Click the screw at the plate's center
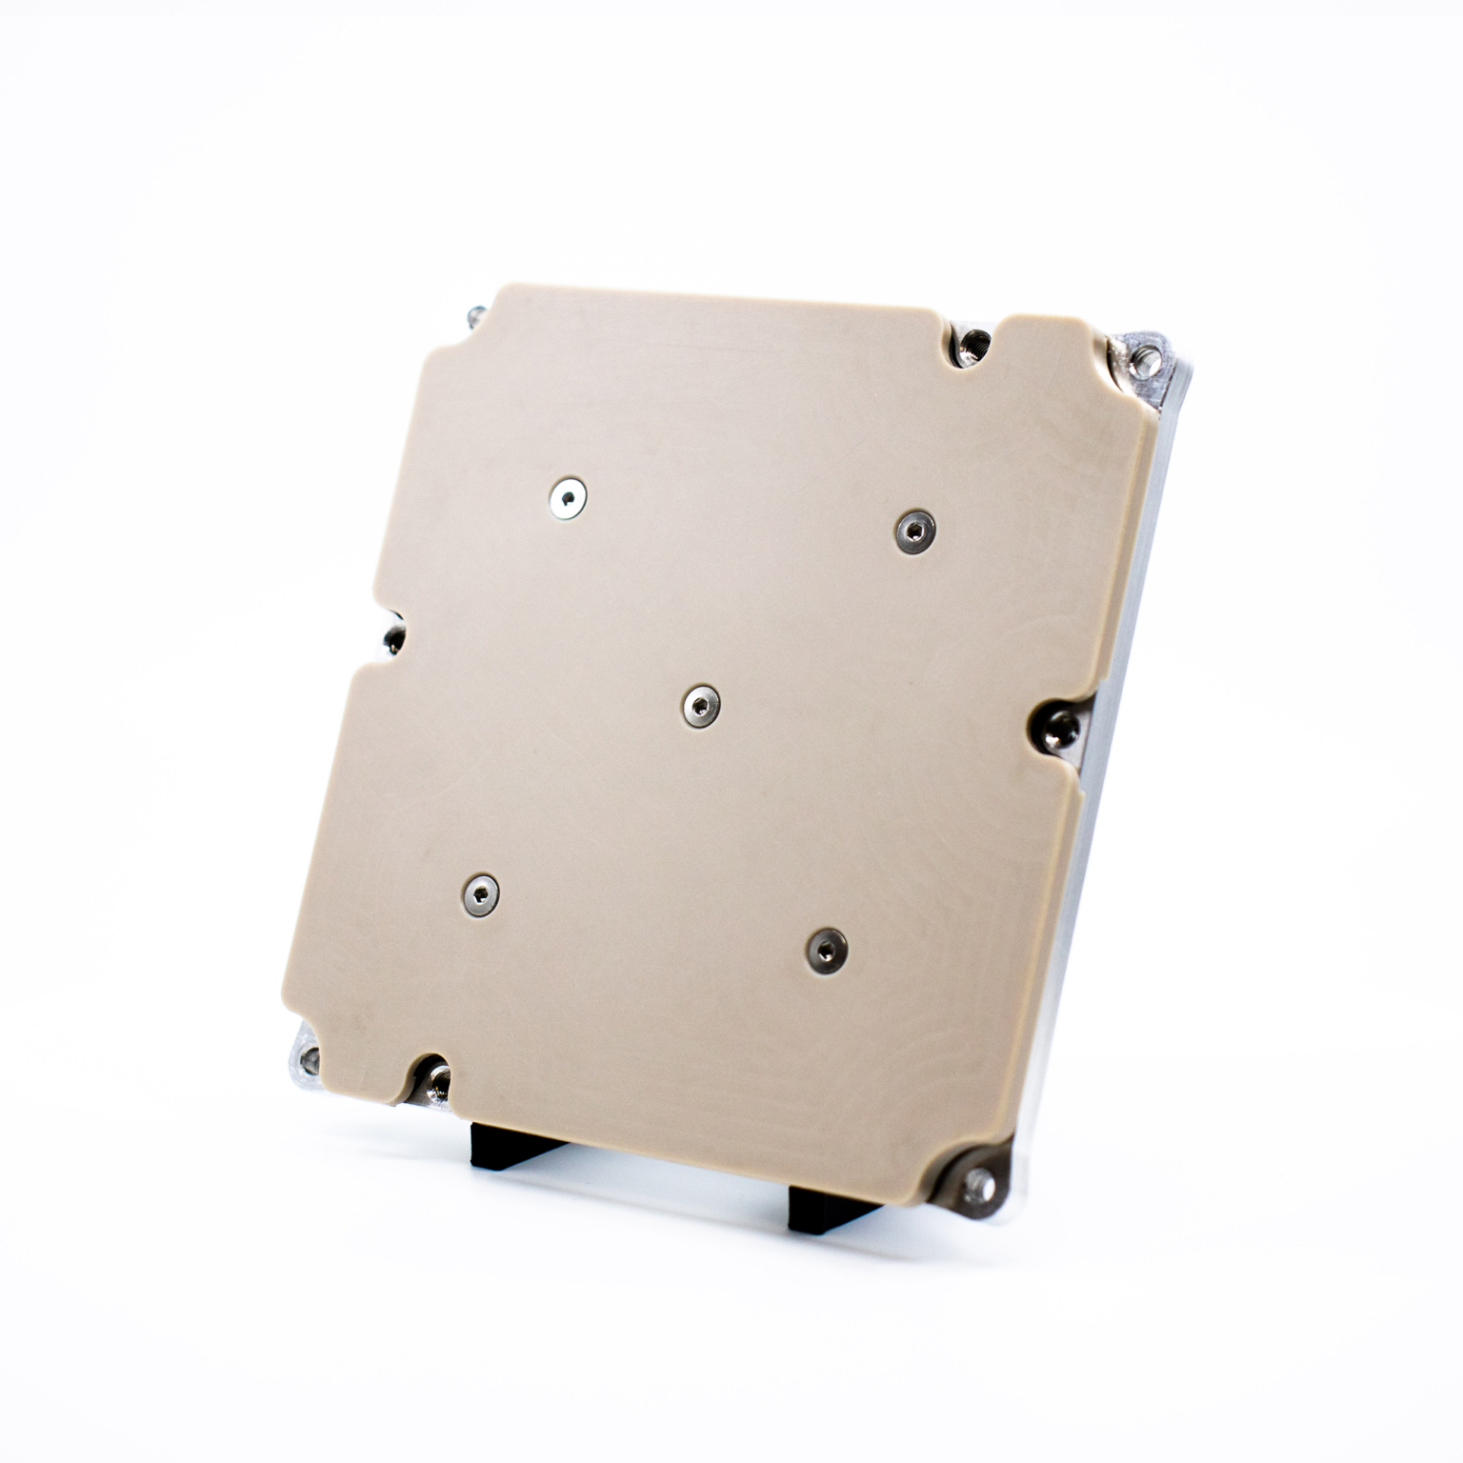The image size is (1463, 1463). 701,706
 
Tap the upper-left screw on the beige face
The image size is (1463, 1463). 569,497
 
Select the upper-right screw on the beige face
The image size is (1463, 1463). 914,530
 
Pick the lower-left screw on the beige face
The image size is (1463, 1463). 480,893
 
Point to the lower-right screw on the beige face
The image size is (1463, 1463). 826,949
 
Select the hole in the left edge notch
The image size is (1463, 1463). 391,638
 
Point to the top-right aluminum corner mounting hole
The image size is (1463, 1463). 1149,359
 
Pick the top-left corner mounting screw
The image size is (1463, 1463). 475,314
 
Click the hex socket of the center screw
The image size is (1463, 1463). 701,706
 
